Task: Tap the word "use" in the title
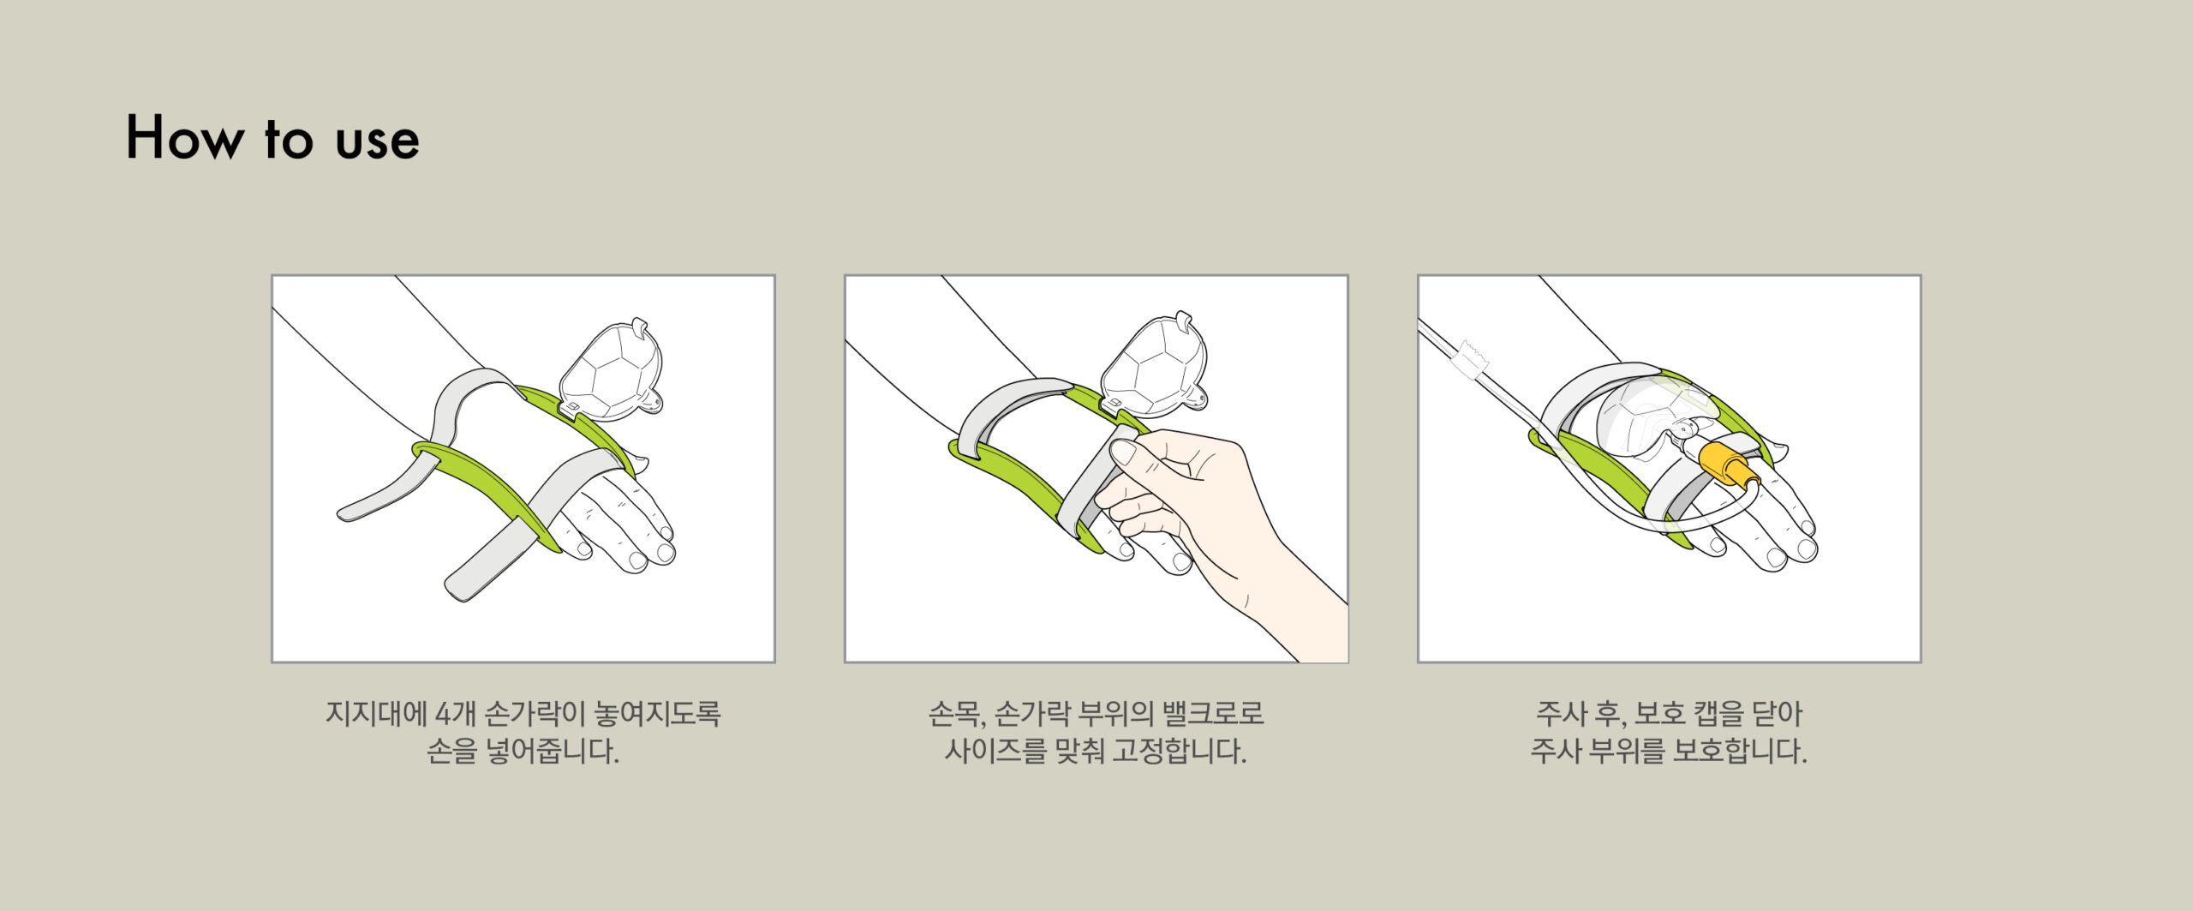coord(377,142)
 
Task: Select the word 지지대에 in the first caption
coord(376,713)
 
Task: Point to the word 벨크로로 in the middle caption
coord(1213,713)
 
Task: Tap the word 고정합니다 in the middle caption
coord(1179,752)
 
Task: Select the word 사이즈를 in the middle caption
coord(995,752)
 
